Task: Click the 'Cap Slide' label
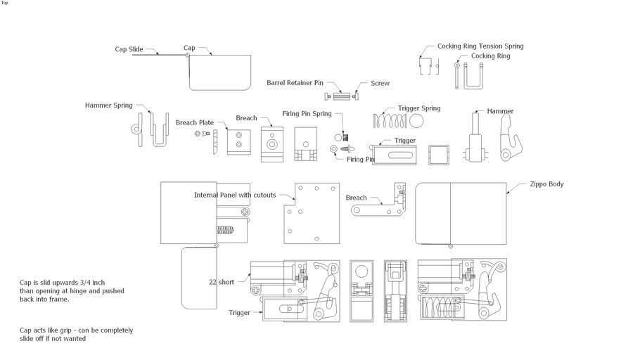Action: click(129, 49)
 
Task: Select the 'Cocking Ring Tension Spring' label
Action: click(480, 46)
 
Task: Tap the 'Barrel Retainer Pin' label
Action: click(295, 83)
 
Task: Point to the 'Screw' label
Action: click(380, 83)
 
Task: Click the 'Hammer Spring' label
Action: click(108, 105)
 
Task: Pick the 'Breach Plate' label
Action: click(195, 122)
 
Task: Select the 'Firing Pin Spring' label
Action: click(307, 113)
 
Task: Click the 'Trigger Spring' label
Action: click(419, 108)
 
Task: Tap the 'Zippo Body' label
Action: click(546, 184)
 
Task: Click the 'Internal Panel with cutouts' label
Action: click(235, 195)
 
